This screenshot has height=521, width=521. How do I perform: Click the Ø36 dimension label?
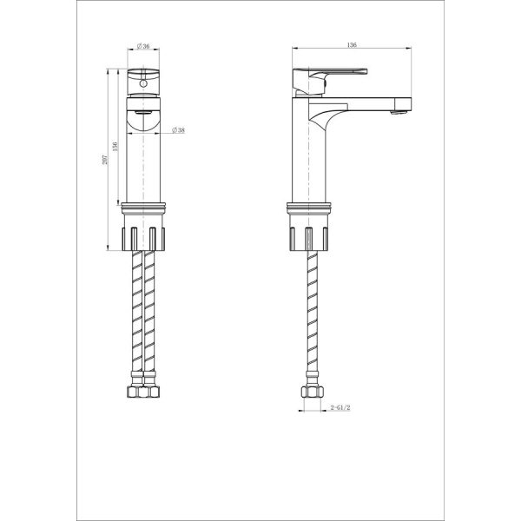(x=143, y=46)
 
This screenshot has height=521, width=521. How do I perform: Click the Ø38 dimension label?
(x=178, y=130)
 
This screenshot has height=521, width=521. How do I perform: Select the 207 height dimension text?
(x=105, y=160)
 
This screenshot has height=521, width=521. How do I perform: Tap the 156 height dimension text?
(x=115, y=147)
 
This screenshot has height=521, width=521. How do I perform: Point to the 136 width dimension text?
(x=352, y=45)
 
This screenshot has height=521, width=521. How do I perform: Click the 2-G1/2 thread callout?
(x=340, y=407)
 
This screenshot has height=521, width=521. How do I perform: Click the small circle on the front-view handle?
(x=143, y=83)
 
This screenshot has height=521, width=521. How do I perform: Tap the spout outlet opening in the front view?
(x=143, y=113)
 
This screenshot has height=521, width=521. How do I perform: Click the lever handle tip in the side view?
(x=366, y=71)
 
